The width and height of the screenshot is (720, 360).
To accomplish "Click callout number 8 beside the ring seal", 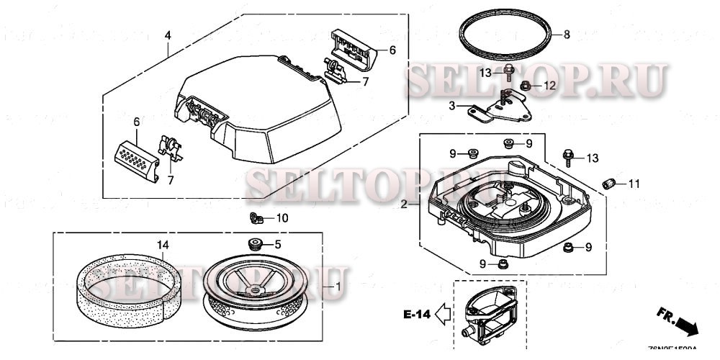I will click(x=567, y=34).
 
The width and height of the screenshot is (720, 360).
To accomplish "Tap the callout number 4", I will click(x=167, y=35).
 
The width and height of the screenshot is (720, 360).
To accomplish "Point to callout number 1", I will click(x=336, y=287).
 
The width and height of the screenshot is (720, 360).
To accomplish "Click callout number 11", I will click(x=634, y=184).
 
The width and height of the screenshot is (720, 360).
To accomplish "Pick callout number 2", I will click(x=404, y=204).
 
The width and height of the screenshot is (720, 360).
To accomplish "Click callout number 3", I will click(x=451, y=106).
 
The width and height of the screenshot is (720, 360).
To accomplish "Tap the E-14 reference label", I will click(x=416, y=314).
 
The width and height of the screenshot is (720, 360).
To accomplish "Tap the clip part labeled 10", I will click(x=252, y=217).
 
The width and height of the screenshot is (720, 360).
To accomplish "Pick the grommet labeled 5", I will click(x=253, y=243).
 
